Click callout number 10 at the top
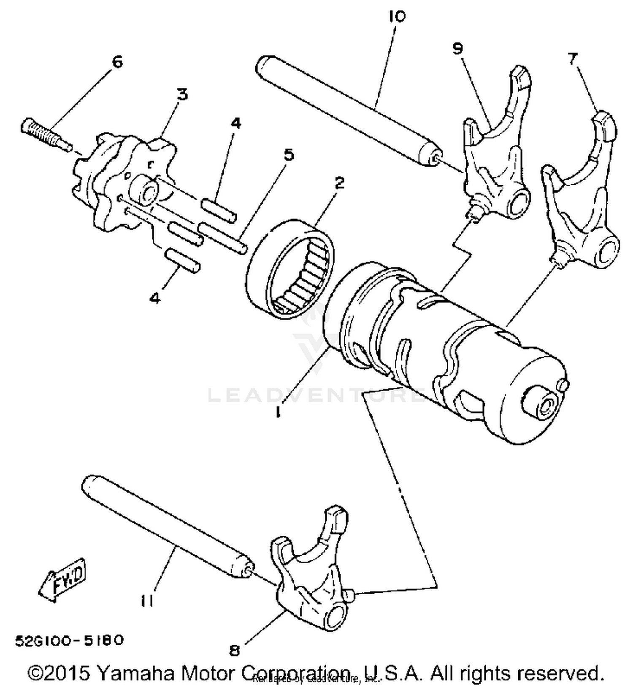(x=397, y=16)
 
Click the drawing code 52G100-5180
(x=70, y=640)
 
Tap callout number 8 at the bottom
(x=235, y=651)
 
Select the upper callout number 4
(x=235, y=124)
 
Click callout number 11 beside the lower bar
(x=148, y=600)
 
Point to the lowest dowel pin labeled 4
(x=183, y=260)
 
